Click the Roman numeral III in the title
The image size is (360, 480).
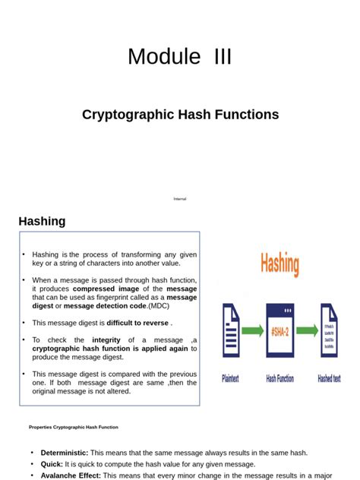[x=217, y=57]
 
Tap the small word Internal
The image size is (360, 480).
[x=180, y=199]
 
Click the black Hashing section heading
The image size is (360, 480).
[x=42, y=221]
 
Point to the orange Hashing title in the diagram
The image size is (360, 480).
[x=280, y=265]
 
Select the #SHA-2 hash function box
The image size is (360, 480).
[x=280, y=331]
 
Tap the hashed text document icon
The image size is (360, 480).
[x=330, y=332]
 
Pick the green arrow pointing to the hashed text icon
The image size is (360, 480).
[x=306, y=332]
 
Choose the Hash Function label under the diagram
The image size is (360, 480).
[x=281, y=377]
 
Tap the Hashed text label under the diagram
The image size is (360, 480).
[x=329, y=377]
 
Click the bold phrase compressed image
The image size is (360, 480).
[x=103, y=289]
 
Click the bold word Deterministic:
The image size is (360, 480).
[x=64, y=453]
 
